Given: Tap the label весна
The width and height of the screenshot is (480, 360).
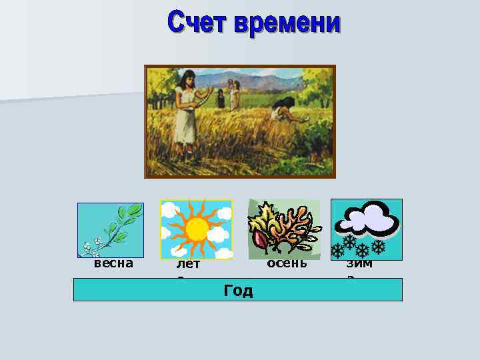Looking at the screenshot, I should pyautogui.click(x=113, y=263).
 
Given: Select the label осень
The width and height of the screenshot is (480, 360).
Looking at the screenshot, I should pyautogui.click(x=287, y=263).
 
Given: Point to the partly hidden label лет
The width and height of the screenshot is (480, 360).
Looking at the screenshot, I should pyautogui.click(x=189, y=265).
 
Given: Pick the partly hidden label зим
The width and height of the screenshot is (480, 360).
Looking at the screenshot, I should pyautogui.click(x=359, y=264).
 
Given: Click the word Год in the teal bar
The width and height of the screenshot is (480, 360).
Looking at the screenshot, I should pyautogui.click(x=238, y=291).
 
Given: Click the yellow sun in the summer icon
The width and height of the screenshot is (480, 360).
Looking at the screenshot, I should pyautogui.click(x=197, y=229).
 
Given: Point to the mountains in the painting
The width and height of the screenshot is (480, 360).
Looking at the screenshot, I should pyautogui.click(x=267, y=78).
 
